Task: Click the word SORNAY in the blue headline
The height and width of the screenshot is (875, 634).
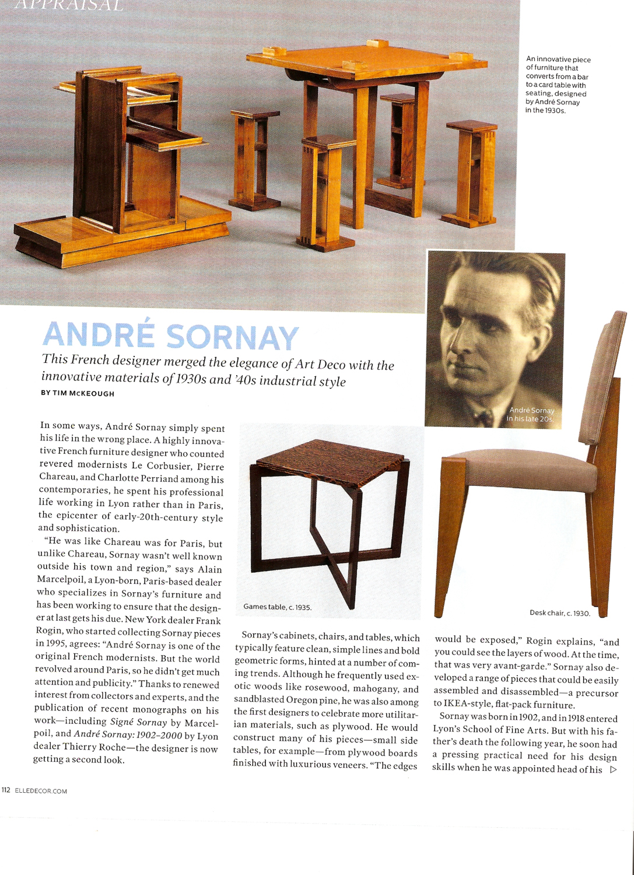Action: tap(232, 338)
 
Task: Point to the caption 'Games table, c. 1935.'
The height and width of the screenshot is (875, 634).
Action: tap(278, 607)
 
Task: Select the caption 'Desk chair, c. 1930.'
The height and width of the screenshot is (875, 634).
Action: tap(560, 613)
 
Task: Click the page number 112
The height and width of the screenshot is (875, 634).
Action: tap(6, 790)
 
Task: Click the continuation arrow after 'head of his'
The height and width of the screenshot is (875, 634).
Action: tap(613, 769)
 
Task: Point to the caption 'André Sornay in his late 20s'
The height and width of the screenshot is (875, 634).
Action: tap(531, 414)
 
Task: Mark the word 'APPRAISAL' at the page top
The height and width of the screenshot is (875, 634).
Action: tap(69, 6)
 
